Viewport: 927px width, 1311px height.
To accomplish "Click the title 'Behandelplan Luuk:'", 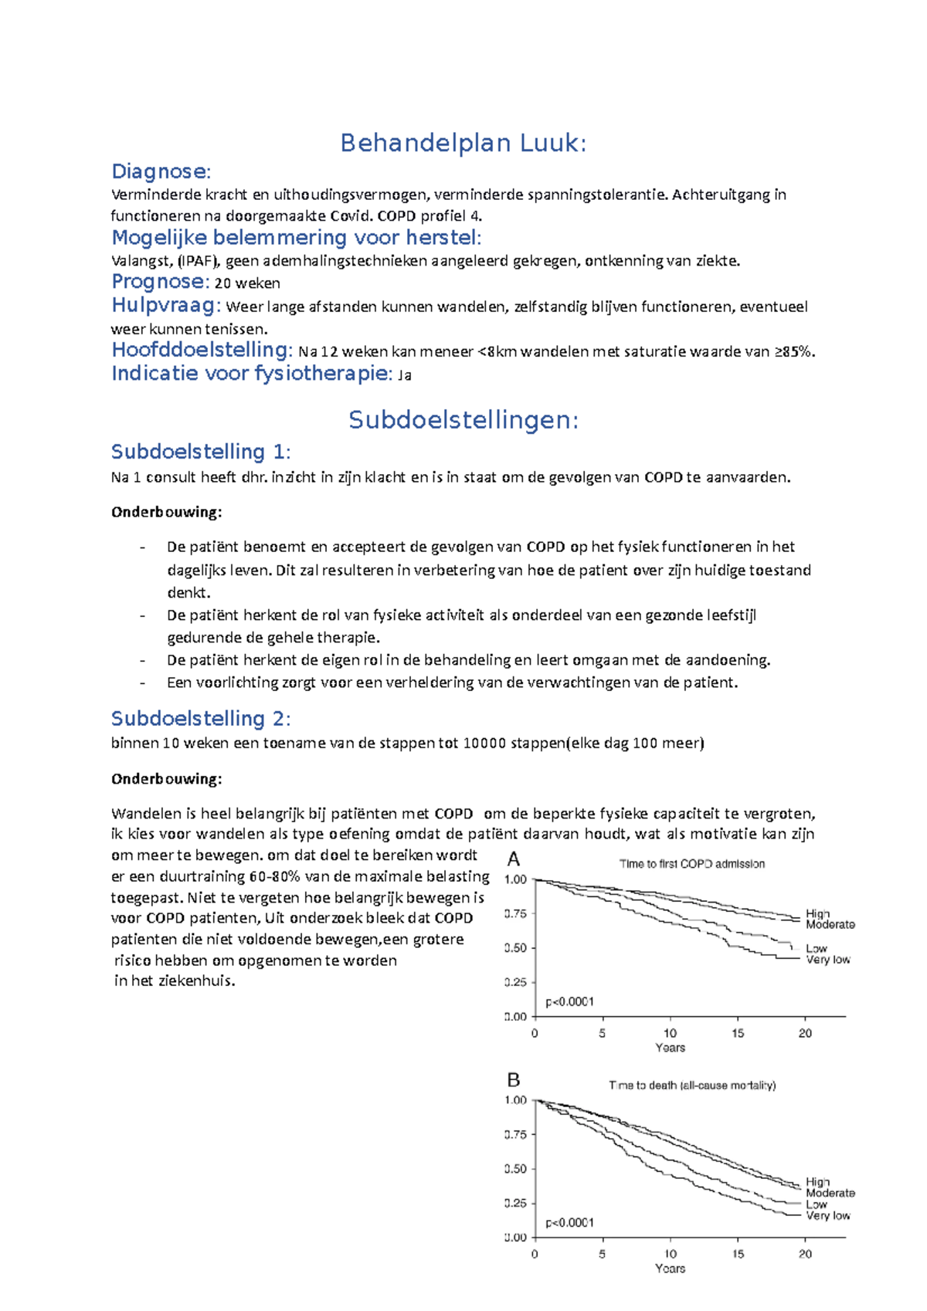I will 463,143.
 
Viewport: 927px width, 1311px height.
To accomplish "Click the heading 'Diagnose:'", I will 161,171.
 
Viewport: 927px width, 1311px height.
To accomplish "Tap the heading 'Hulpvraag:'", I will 166,305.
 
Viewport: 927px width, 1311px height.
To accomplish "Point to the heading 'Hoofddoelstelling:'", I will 202,350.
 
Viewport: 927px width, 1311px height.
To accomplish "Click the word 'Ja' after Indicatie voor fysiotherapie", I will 404,376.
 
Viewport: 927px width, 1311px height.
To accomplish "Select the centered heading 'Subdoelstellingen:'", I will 463,420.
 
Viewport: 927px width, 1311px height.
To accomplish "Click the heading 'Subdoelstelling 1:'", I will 201,452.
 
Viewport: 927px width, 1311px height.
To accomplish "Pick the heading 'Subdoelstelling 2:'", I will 201,719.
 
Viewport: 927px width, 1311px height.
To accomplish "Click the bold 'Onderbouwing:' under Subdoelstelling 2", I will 166,779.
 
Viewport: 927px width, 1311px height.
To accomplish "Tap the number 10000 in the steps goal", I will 484,744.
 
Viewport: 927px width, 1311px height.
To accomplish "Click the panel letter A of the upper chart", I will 514,859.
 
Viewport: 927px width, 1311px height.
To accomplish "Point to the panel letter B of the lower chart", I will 514,1080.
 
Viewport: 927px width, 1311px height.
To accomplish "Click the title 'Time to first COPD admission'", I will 691,864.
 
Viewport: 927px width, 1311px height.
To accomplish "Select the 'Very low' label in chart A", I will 827,960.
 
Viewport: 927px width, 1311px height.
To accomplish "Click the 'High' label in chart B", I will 817,1181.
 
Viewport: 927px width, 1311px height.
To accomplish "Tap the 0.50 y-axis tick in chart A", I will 515,948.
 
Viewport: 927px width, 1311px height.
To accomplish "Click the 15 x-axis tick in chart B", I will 738,1254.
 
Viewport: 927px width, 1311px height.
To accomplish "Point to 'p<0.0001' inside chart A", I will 569,1002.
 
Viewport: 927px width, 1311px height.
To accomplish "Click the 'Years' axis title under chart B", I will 670,1269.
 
